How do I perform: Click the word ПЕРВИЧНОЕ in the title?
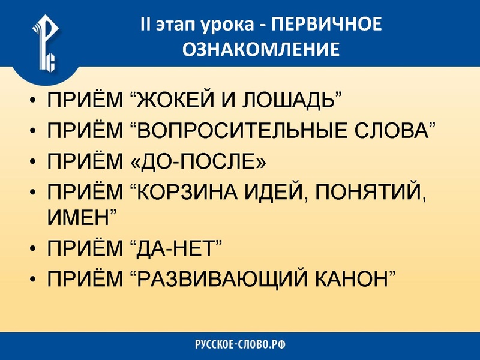point(326,26)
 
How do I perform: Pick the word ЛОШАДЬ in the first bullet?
point(289,99)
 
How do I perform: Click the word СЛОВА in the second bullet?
point(396,130)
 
